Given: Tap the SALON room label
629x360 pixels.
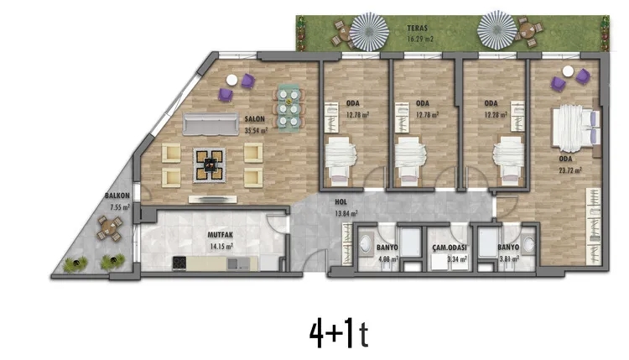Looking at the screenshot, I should (256, 119).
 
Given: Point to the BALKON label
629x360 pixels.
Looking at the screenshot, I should (116, 196).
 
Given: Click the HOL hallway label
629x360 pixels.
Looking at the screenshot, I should (340, 202).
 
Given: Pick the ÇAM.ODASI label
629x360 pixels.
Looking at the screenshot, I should (449, 248).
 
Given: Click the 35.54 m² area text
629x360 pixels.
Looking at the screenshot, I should (256, 130).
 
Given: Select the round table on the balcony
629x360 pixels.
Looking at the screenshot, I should (107, 227).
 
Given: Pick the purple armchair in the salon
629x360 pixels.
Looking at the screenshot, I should (247, 81).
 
